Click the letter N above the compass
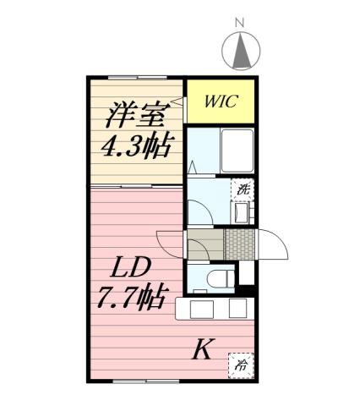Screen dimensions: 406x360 (x=238, y=22)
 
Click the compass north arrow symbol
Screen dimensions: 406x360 (x=239, y=52)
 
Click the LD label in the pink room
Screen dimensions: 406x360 (x=131, y=268)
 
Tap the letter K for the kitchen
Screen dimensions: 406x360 (x=202, y=348)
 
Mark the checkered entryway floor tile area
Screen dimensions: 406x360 (x=239, y=245)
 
